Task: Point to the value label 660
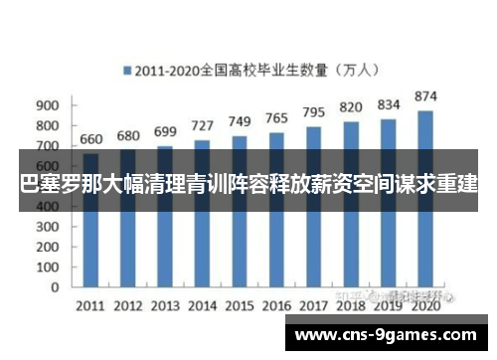(x=90, y=140)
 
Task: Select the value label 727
(x=202, y=126)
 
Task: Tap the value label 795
(x=314, y=112)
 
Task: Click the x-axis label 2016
(x=276, y=304)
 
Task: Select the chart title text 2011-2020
(x=170, y=71)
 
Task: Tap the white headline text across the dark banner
(x=248, y=185)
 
